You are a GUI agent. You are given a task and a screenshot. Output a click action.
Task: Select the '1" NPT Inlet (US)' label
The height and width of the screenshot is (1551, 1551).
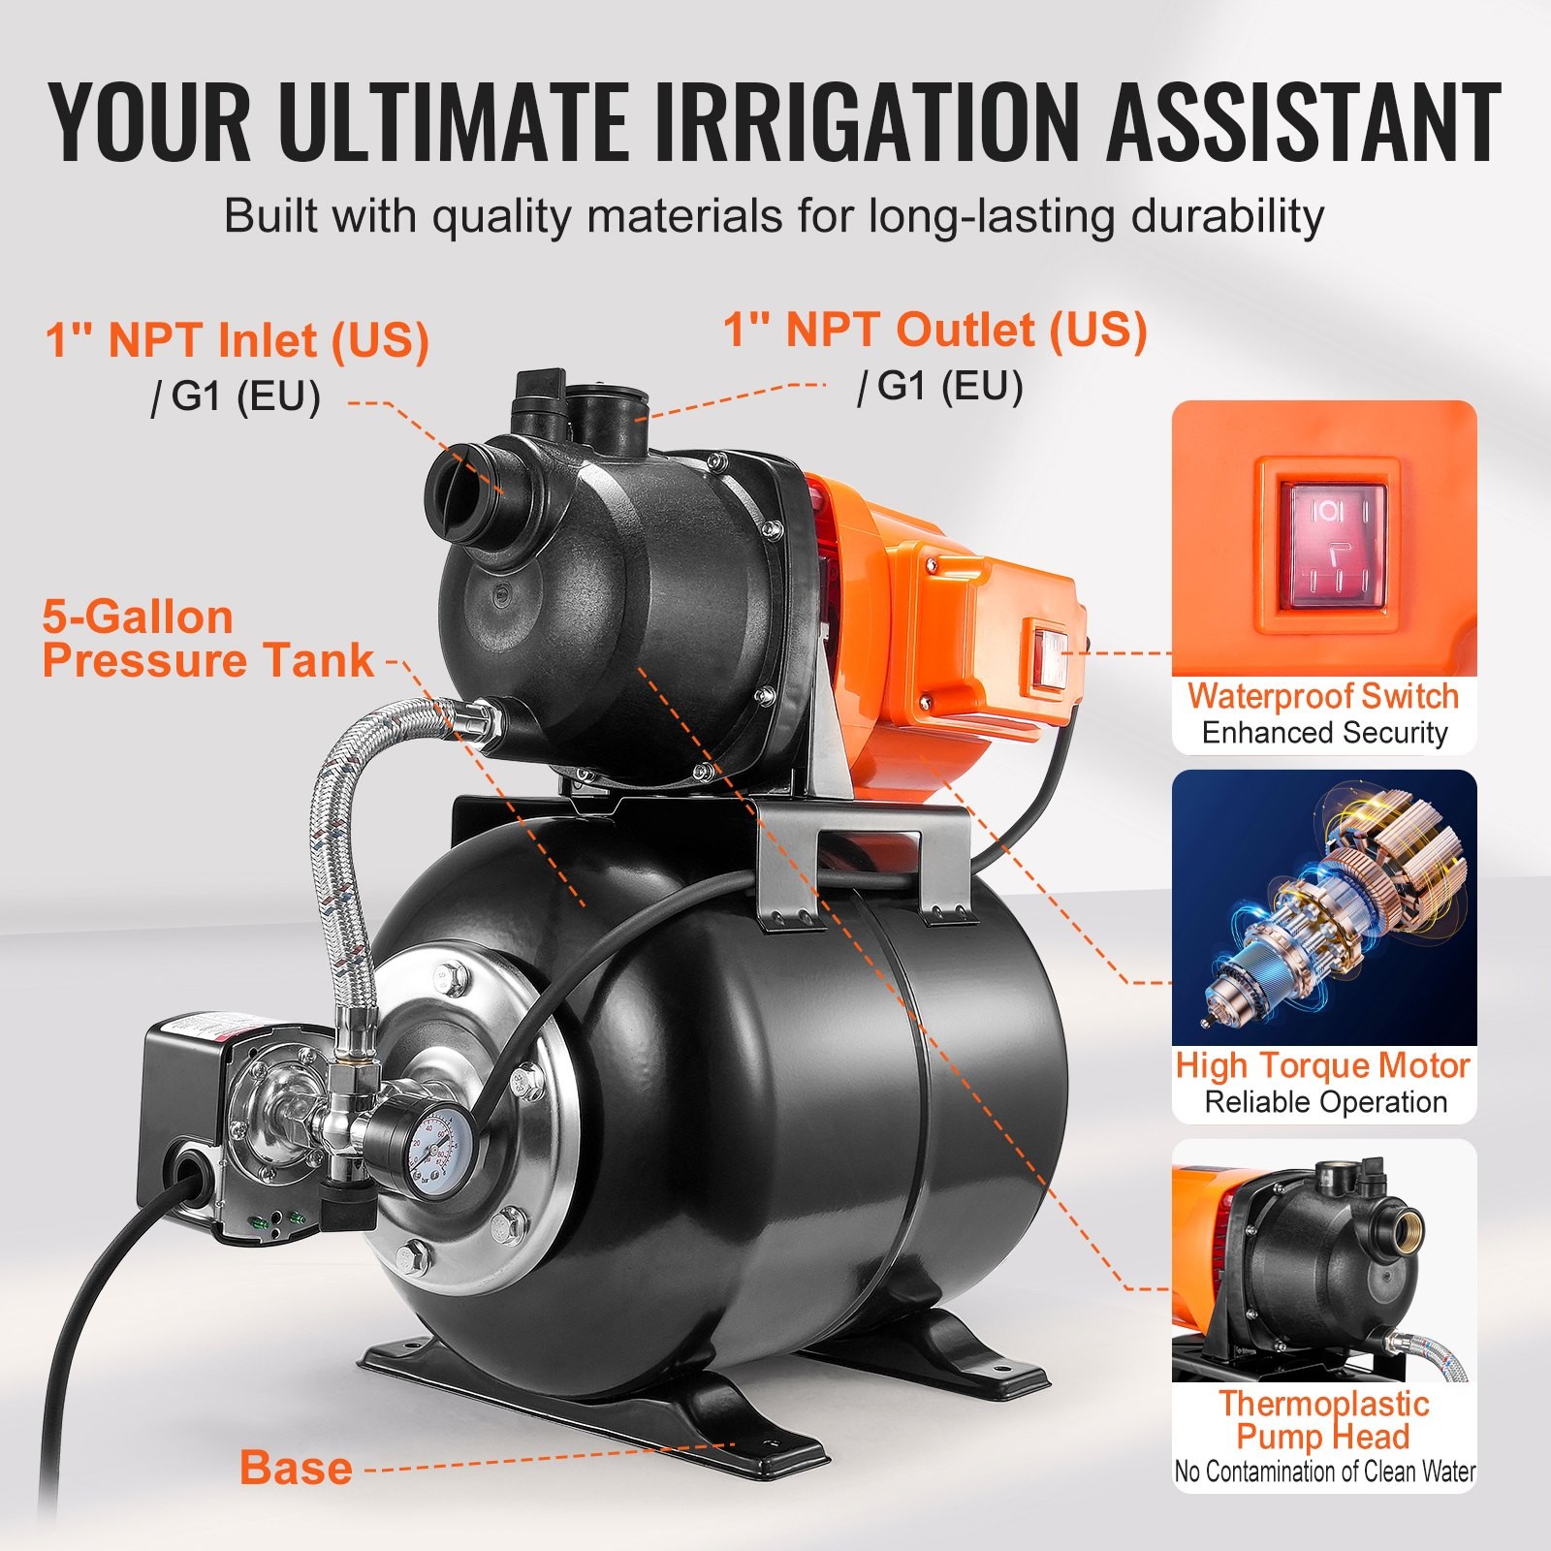tap(237, 340)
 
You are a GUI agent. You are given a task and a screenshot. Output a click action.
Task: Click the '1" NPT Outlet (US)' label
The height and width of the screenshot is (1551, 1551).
tap(935, 331)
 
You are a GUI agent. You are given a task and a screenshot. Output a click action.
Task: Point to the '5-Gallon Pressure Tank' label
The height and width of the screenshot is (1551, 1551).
tap(207, 640)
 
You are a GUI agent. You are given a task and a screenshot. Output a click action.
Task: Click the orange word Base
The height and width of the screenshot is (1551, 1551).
tap(296, 1468)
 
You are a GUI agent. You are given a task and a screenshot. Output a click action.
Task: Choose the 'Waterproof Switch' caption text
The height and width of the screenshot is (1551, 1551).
tap(1323, 696)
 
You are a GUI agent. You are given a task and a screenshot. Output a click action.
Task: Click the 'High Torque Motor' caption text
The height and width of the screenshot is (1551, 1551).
tap(1323, 1065)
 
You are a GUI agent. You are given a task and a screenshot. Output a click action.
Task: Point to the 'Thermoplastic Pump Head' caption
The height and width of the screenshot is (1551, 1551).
tap(1323, 1420)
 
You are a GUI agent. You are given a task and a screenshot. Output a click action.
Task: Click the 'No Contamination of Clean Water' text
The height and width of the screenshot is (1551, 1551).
tap(1324, 1472)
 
